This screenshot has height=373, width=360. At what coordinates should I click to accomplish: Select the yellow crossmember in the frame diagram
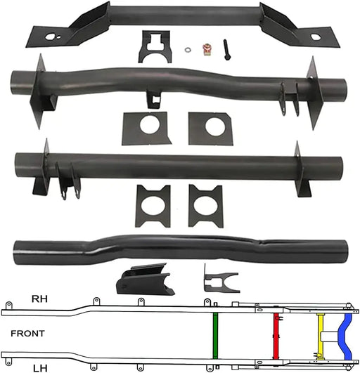click(x=321, y=336)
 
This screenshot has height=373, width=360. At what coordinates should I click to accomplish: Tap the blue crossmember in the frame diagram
click(x=345, y=335)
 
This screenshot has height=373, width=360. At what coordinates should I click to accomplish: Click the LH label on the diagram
click(x=41, y=366)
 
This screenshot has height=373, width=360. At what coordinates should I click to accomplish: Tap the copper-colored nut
click(x=207, y=50)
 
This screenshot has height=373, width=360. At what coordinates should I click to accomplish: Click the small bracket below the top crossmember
click(x=155, y=46)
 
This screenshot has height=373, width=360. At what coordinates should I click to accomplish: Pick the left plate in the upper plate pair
click(x=146, y=129)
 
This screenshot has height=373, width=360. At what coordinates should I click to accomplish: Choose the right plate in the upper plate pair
click(x=210, y=128)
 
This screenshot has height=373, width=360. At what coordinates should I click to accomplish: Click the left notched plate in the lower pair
click(x=153, y=206)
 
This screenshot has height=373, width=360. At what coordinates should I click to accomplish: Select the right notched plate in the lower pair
click(x=206, y=206)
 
